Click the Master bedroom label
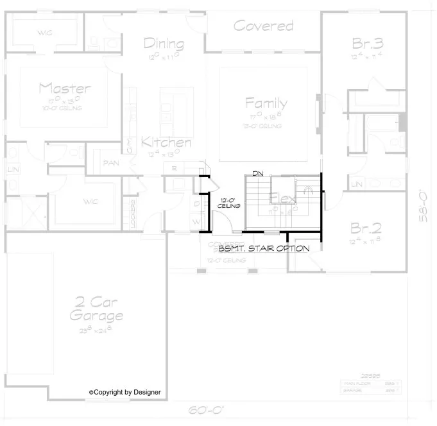(x=64, y=89)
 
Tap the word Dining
(x=164, y=44)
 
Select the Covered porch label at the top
(x=263, y=26)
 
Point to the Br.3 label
(x=368, y=44)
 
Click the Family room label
(x=266, y=103)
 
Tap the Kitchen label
(x=166, y=142)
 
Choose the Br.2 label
(x=367, y=228)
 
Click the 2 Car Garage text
(x=96, y=309)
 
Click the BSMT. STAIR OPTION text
(x=264, y=248)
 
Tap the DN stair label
(x=258, y=174)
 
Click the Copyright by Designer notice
(x=125, y=391)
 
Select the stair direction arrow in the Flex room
(x=308, y=191)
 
